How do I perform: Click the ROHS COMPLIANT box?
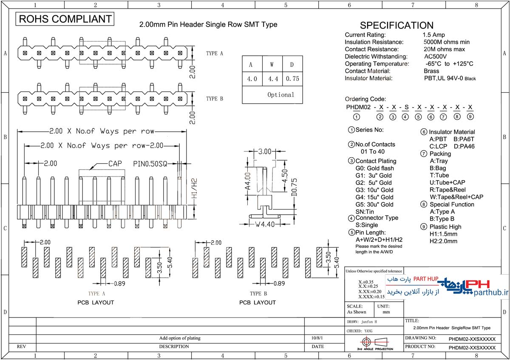65,19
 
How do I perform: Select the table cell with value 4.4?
272,79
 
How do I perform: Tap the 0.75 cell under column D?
292,79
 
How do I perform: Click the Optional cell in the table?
280,95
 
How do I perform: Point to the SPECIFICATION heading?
397,25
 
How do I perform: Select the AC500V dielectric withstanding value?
435,57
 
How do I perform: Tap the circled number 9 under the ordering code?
470,117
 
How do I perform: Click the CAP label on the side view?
115,163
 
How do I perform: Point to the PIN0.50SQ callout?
151,163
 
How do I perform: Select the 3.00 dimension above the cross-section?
265,151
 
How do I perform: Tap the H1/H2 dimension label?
195,189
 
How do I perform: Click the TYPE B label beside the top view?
215,99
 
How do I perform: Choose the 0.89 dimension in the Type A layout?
120,283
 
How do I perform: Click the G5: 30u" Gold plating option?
374,204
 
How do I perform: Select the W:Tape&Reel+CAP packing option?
456,197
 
